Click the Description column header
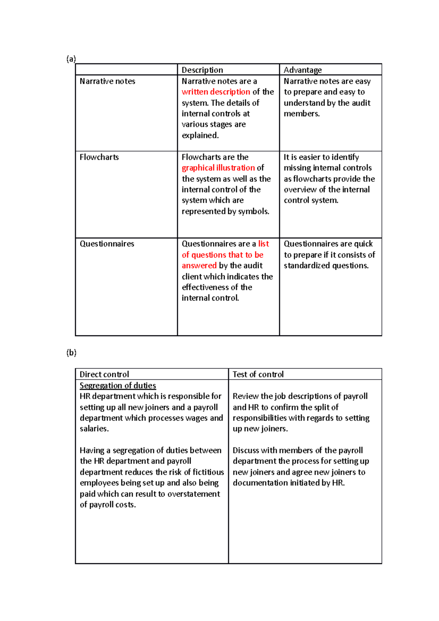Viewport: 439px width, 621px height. [x=202, y=70]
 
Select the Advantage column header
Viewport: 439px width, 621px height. [x=303, y=70]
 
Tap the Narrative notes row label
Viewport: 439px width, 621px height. [x=107, y=81]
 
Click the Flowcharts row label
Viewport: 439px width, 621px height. [x=99, y=157]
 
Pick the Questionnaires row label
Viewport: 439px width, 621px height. [x=107, y=244]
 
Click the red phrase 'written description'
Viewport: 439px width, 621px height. [x=216, y=92]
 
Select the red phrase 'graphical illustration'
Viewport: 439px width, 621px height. [x=218, y=168]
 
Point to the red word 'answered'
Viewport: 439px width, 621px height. [x=199, y=266]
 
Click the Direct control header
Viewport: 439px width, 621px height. [x=104, y=375]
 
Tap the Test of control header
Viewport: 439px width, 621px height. [x=258, y=375]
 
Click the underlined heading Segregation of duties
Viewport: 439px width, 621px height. [x=118, y=385]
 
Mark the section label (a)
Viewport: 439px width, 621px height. [x=71, y=59]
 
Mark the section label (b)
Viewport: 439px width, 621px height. [x=71, y=353]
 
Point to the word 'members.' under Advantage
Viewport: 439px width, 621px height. [x=302, y=114]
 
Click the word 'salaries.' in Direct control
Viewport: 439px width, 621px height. [x=94, y=429]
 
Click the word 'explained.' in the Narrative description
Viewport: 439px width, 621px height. [x=200, y=135]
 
